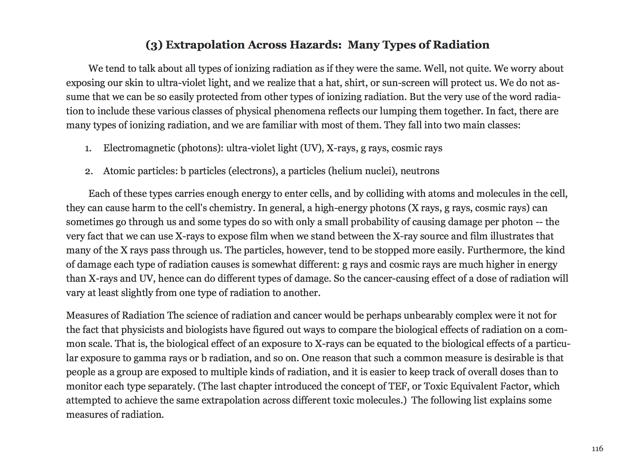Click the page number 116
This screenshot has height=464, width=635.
[597, 449]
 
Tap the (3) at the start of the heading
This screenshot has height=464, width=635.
[154, 45]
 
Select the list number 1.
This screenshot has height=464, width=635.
[88, 148]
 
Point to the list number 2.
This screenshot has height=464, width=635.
[88, 171]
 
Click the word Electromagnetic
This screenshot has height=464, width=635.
[139, 148]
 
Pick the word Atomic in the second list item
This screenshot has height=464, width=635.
[119, 171]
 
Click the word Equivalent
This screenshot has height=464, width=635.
[474, 386]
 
